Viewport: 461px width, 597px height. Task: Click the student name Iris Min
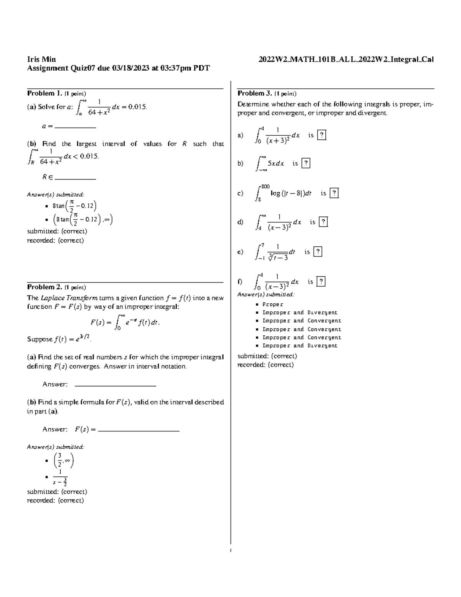click(41, 59)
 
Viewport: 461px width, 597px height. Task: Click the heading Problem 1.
click(44, 93)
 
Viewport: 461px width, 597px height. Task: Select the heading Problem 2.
click(44, 287)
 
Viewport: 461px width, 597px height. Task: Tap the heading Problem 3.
click(255, 93)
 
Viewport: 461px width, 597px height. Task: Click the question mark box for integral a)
click(322, 135)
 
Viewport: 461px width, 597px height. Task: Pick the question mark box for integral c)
click(334, 193)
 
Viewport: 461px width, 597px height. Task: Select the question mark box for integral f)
click(321, 282)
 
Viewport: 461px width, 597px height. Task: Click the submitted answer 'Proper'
click(273, 304)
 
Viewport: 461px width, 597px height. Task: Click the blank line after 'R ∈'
click(75, 178)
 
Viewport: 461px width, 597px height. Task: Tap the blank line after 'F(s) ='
click(139, 430)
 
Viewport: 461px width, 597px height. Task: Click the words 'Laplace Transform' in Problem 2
click(69, 298)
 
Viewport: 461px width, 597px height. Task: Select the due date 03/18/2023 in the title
click(130, 68)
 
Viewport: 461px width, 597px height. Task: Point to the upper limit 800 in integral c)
click(265, 187)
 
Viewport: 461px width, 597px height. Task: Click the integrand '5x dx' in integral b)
click(275, 164)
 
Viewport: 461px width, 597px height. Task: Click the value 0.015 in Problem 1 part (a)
click(137, 107)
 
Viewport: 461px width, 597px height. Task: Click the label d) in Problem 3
click(240, 222)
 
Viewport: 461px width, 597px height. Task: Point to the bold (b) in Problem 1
click(31, 144)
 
